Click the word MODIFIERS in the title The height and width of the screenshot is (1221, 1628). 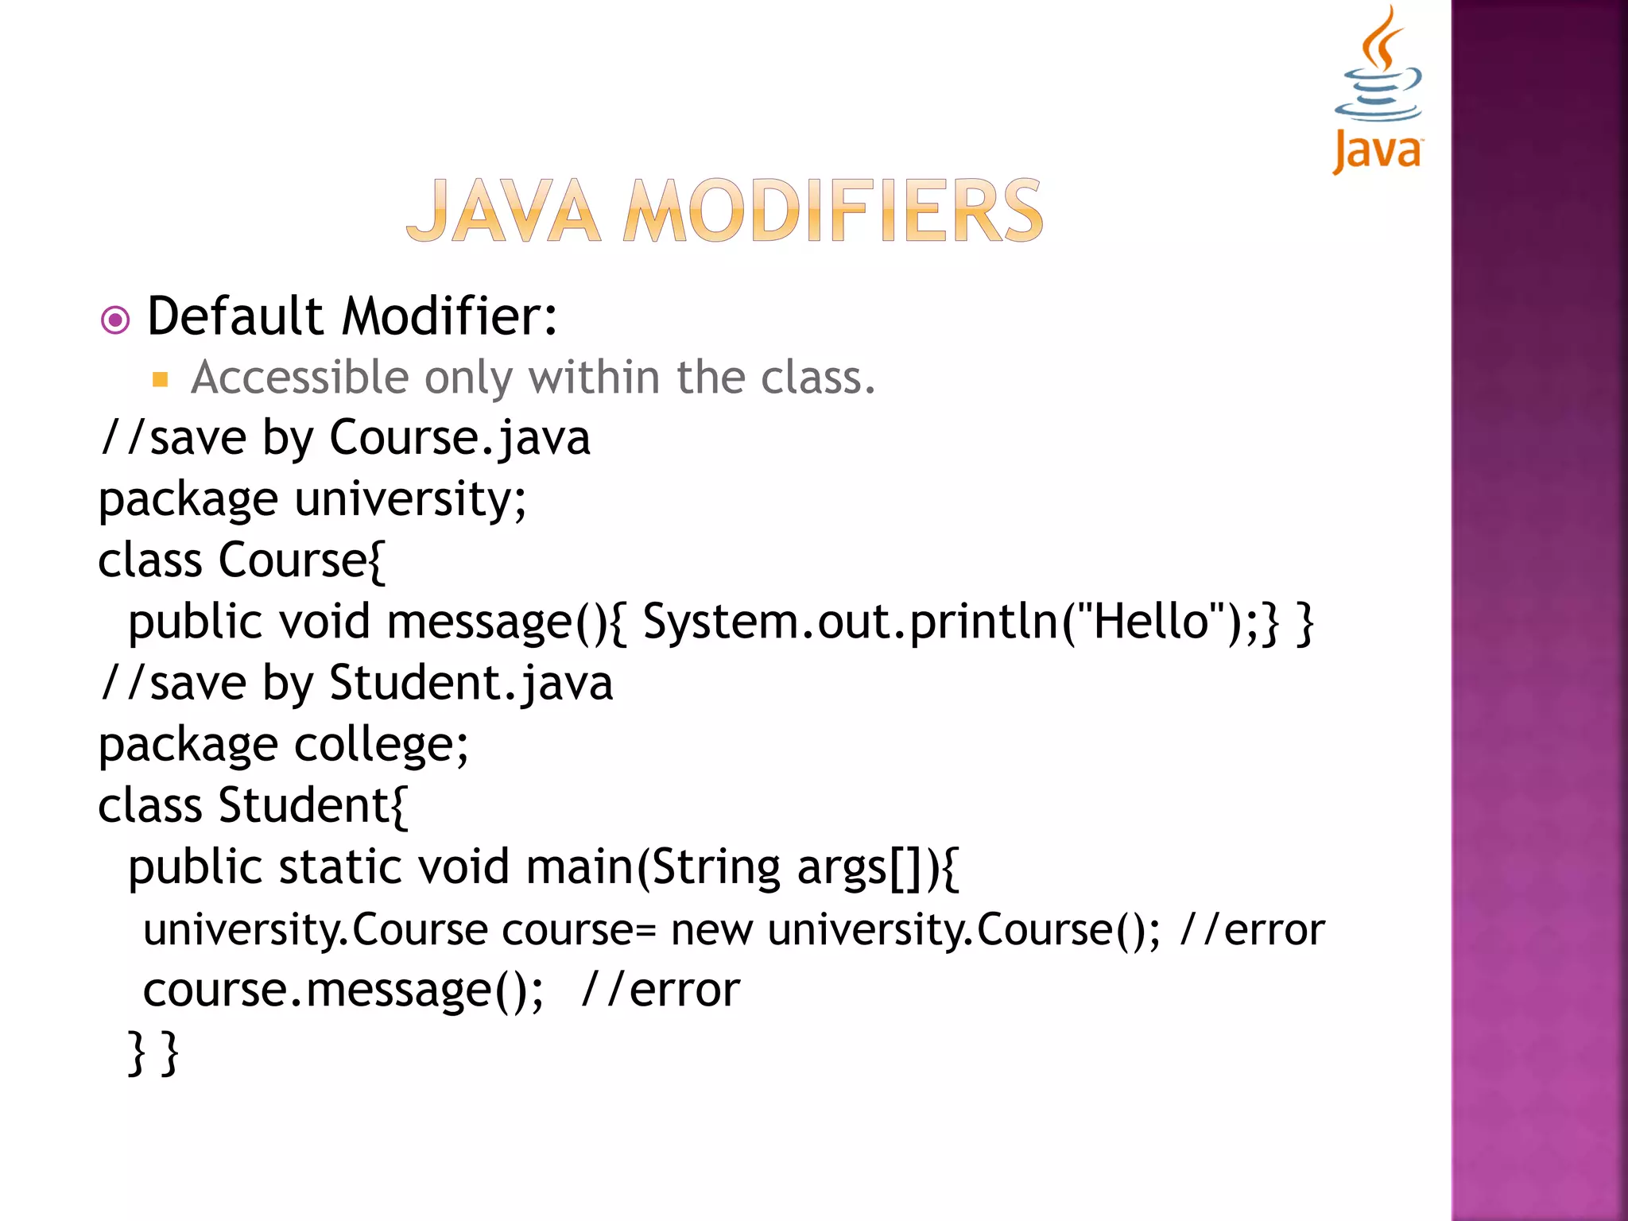(832, 211)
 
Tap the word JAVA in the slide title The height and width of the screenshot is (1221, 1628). (503, 211)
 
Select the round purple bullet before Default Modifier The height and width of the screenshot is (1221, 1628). (115, 320)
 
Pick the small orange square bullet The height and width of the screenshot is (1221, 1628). (160, 379)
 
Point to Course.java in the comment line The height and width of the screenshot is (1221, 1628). (459, 438)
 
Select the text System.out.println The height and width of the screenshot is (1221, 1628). (851, 621)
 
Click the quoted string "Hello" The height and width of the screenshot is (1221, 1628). (1149, 621)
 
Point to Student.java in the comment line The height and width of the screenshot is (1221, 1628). (471, 683)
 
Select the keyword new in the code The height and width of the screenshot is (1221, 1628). (711, 929)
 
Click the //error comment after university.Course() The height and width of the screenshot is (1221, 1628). (1253, 929)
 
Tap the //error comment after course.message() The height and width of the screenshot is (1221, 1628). (661, 990)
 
